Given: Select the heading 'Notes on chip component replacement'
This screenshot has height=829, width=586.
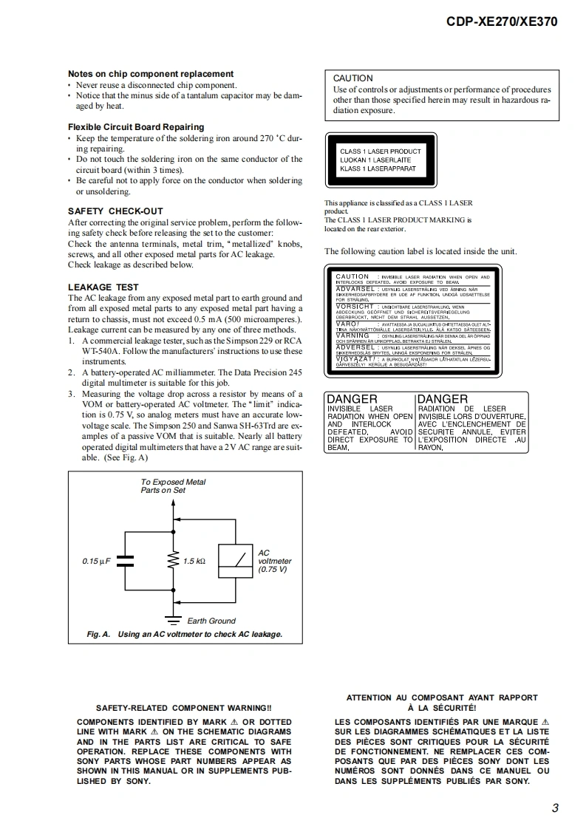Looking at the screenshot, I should coord(151,74).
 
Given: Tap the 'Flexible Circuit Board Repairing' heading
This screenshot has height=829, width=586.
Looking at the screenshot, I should coord(136,127).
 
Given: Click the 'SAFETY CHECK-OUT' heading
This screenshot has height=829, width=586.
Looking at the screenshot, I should coord(115,211).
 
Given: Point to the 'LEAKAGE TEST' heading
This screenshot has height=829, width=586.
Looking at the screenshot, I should coord(103,287).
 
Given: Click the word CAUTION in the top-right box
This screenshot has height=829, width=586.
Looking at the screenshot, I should coord(353,78).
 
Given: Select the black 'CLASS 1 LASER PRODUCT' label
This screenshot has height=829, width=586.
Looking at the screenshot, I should coord(381,160).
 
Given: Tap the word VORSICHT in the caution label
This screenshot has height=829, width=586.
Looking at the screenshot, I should coord(355,306).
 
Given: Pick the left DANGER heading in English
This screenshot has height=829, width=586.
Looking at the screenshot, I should coord(352,399).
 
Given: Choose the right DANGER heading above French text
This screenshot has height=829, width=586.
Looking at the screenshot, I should coord(443,399).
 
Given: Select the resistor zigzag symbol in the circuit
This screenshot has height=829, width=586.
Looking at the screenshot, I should coord(174,561).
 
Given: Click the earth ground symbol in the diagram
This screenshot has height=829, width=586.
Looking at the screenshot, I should coord(174,618).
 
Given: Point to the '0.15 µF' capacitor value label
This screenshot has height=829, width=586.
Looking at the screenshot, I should coord(96,562).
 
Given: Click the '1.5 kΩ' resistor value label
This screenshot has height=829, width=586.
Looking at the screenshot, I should coord(194,562).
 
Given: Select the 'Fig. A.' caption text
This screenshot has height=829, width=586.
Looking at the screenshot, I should coord(98,634).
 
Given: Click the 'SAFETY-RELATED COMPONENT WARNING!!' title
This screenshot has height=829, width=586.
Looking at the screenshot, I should coord(184,707).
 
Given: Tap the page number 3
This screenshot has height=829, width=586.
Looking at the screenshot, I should coord(554,808).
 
